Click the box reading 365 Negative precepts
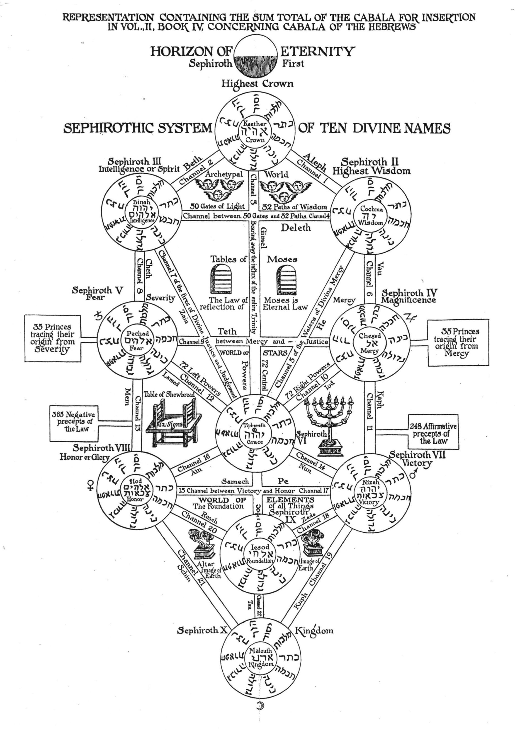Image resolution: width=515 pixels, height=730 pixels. tap(73, 423)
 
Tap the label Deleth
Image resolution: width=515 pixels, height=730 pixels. tap(295, 228)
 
